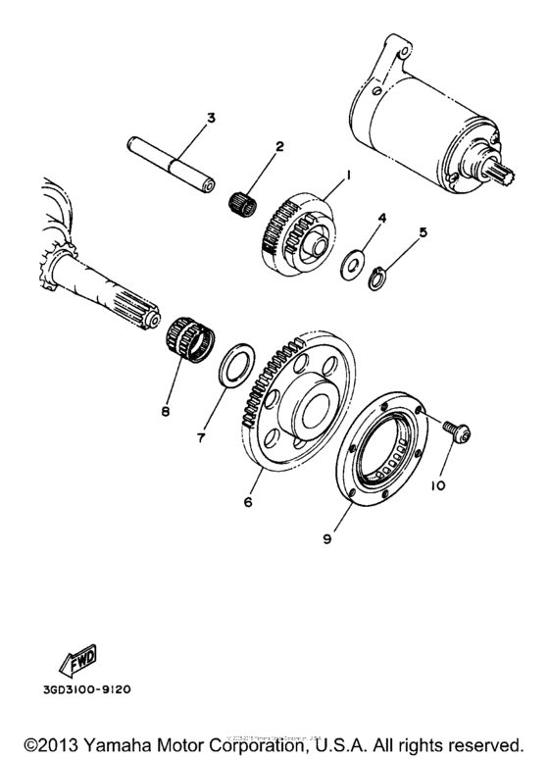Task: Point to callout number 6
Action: [x=248, y=501]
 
